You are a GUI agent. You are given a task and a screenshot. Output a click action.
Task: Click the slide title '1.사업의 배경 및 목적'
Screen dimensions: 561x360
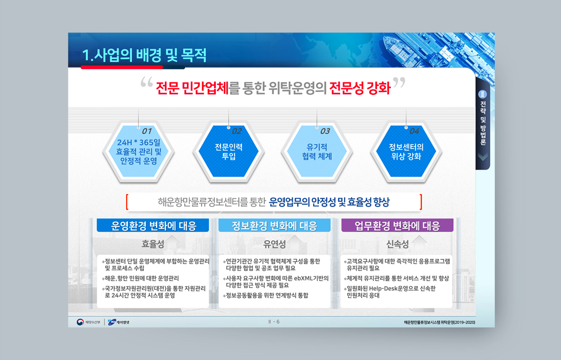[x=144, y=55]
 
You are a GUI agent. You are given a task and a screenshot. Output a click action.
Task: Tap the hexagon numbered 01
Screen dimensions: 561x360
[x=138, y=151]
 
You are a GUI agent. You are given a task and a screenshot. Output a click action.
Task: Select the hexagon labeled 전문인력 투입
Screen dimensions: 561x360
[x=229, y=151]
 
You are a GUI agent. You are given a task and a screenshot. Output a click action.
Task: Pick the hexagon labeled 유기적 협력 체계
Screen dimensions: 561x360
[x=317, y=151]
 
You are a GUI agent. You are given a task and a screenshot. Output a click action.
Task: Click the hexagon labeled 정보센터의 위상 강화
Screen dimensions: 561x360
[x=406, y=151]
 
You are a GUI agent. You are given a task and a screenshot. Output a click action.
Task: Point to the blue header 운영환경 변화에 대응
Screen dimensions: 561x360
[x=153, y=226]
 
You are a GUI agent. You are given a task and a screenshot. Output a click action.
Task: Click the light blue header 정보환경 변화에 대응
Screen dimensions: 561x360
[x=274, y=226]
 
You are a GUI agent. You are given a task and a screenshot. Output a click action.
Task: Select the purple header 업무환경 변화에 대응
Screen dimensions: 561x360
[x=397, y=226]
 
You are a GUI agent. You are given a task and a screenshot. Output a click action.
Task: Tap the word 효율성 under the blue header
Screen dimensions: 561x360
[x=153, y=244]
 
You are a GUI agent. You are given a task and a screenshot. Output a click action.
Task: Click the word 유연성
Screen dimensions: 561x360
[x=274, y=244]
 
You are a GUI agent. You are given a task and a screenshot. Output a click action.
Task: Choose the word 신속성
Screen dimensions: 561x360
[x=397, y=244]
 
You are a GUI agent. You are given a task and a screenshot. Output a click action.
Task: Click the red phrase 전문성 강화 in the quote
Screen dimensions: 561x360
[x=359, y=88]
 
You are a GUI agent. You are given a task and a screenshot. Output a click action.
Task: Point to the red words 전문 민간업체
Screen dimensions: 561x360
[x=192, y=88]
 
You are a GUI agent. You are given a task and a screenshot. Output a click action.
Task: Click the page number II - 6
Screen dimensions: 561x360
[x=274, y=322]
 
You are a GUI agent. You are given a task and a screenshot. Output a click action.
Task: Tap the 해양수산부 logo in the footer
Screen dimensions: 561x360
[x=88, y=322]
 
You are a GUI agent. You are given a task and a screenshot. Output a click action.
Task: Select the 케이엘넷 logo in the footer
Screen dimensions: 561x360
[x=119, y=322]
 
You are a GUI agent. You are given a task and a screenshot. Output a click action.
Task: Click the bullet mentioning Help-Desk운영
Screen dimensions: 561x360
[x=390, y=292]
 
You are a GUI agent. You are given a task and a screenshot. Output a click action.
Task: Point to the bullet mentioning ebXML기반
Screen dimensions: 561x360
[x=275, y=282]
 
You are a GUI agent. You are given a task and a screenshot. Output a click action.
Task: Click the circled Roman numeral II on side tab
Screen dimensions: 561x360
[x=482, y=94]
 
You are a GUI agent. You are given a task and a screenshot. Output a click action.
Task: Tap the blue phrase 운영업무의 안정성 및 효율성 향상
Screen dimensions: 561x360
[x=329, y=202]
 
